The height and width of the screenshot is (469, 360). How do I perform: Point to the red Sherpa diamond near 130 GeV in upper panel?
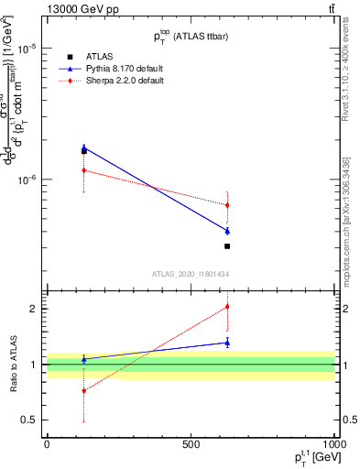coord(84,170)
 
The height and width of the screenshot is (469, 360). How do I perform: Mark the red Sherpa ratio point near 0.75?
coord(84,391)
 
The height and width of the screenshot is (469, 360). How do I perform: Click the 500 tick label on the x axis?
coord(191,444)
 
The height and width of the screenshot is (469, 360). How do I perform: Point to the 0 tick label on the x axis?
coord(47,444)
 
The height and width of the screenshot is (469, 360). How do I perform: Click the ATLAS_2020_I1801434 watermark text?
coord(190,274)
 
